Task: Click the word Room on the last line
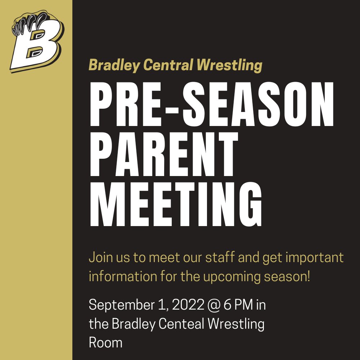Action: pyautogui.click(x=105, y=342)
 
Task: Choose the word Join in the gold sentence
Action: pyautogui.click(x=101, y=258)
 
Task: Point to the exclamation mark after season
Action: pyautogui.click(x=308, y=276)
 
